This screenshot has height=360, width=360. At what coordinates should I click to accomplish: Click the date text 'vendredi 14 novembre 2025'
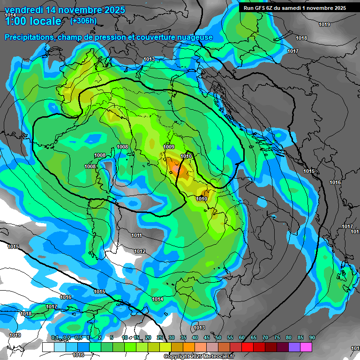pyautogui.click(x=65, y=10)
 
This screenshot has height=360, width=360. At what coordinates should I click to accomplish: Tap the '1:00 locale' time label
pyautogui.click(x=33, y=21)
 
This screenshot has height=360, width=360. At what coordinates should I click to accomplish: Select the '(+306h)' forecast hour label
pyautogui.click(x=83, y=21)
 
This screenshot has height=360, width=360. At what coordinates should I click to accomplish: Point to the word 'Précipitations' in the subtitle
pyautogui.click(x=28, y=37)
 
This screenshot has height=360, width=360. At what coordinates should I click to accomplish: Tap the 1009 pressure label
pyautogui.click(x=169, y=147)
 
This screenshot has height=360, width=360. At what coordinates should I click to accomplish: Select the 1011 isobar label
pyautogui.click(x=136, y=235)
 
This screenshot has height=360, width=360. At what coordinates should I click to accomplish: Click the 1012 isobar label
pyautogui.click(x=140, y=251)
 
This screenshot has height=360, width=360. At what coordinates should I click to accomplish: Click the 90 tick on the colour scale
pyautogui.click(x=312, y=337)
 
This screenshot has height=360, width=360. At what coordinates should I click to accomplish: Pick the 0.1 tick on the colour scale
pyautogui.click(x=54, y=337)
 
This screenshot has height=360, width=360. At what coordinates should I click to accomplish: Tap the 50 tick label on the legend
pyautogui.click(x=218, y=337)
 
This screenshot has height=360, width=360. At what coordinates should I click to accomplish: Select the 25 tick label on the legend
pyautogui.click(x=160, y=337)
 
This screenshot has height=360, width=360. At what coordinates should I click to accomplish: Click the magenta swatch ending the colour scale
pyautogui.click(x=306, y=347)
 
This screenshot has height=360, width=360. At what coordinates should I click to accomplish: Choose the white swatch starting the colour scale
pyautogui.click(x=48, y=347)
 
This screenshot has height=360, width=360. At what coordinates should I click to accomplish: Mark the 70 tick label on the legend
pyautogui.click(x=265, y=337)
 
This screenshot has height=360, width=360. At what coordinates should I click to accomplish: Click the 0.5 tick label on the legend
pyautogui.click(x=78, y=337)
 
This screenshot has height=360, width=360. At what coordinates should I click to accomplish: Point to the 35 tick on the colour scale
pyautogui.click(x=183, y=337)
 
